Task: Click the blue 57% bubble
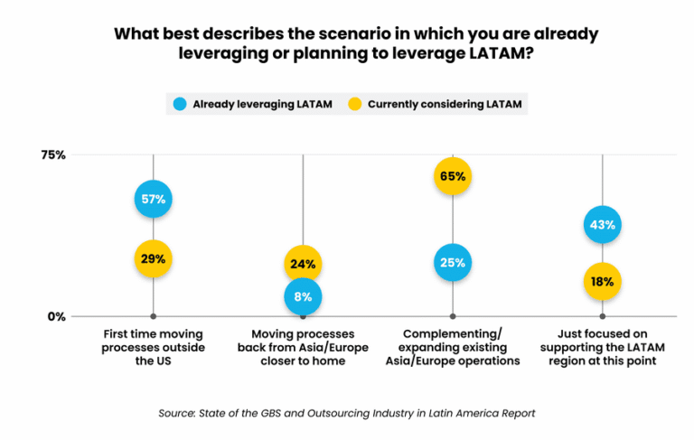click(153, 200)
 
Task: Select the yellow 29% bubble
click(153, 259)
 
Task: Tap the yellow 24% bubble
click(303, 265)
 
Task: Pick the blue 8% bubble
click(303, 295)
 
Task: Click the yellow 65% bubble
click(453, 176)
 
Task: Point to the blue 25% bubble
click(453, 263)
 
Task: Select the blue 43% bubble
click(603, 224)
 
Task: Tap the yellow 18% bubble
click(603, 281)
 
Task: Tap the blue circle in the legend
click(179, 104)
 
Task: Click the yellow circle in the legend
click(353, 104)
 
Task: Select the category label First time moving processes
click(153, 347)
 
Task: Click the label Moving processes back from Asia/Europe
click(303, 347)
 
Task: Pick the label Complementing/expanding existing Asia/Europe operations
click(453, 347)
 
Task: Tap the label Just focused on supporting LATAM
click(603, 347)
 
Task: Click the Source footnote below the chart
click(347, 413)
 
